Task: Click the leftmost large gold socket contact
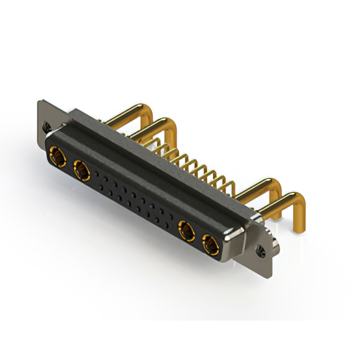coord(56,154)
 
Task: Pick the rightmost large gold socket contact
coord(209,244)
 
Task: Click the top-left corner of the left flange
coord(39,102)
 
